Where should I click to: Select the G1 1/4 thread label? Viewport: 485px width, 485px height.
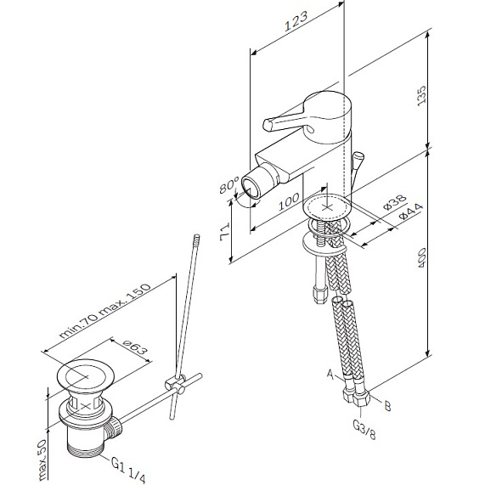[x=127, y=465]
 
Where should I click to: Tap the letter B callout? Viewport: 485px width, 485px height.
[x=386, y=407]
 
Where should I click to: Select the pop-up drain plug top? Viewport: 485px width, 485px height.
[x=83, y=375]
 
